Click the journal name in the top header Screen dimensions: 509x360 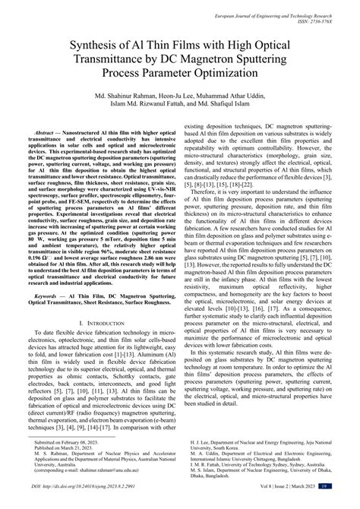click(x=292, y=14)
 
